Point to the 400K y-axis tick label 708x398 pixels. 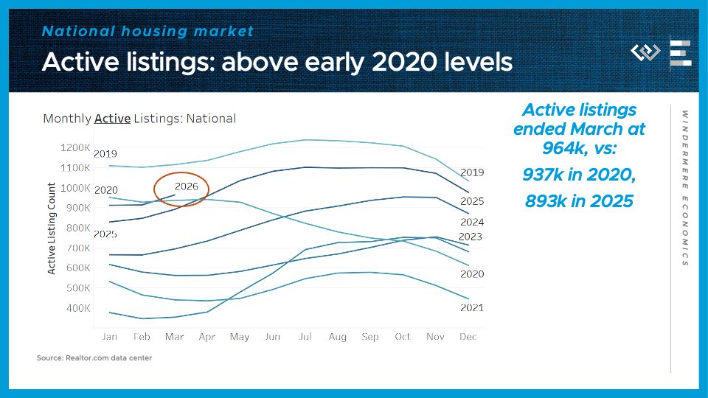pos(77,307)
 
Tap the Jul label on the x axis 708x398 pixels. pos(304,337)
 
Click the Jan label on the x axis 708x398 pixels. pos(109,337)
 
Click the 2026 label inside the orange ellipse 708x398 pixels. pos(186,186)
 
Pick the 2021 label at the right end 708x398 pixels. pos(471,307)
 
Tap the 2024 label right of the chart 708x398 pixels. pos(471,222)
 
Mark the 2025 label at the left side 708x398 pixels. pos(106,234)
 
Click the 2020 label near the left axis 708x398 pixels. pos(106,190)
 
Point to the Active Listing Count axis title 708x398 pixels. pos(52,228)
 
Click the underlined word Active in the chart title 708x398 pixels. pos(112,118)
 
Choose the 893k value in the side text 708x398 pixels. pos(546,200)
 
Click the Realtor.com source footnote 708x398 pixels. pos(94,358)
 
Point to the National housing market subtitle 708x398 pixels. pos(147,31)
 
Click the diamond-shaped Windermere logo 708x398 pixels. pos(645,52)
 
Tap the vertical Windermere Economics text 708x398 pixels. pos(684,188)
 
